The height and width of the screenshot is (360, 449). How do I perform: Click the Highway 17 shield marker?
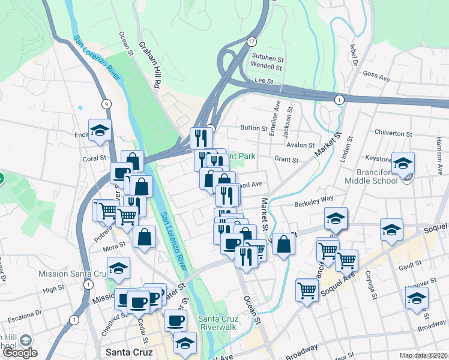pos(251,41)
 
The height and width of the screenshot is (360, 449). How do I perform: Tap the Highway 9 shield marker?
pos(106,104)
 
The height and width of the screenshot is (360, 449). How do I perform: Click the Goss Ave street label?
pos(376,76)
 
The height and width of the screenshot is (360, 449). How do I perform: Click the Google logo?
pos(20,352)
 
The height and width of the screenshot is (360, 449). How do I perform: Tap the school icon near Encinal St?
pos(100,130)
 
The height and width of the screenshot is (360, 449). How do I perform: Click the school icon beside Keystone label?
pos(403,162)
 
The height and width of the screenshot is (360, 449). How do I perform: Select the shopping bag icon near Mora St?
pos(145,236)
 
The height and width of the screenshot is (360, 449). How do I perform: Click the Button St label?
pos(253,128)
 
